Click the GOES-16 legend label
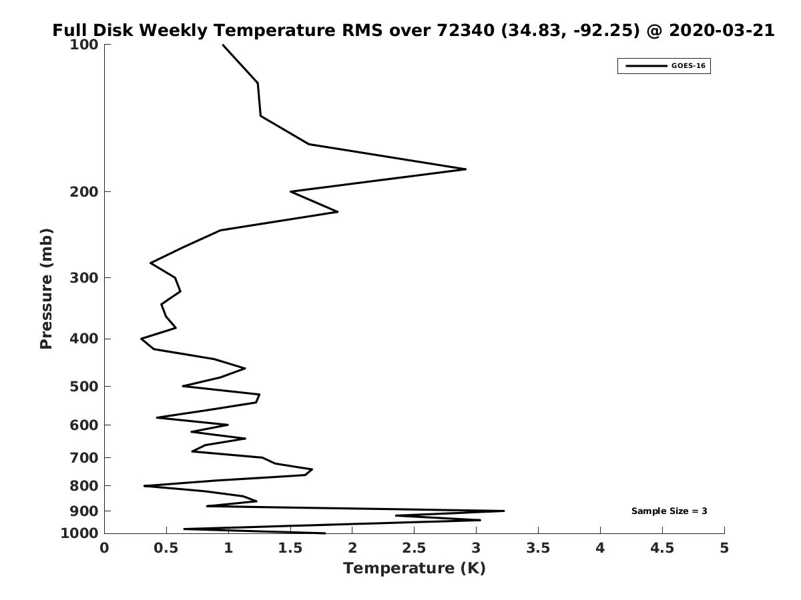click(x=688, y=66)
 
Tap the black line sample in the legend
click(x=646, y=66)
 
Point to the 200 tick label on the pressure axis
click(x=84, y=191)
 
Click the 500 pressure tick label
click(x=84, y=386)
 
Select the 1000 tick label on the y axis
click(x=79, y=533)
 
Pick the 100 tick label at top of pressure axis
click(x=84, y=45)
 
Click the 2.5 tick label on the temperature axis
click(x=415, y=548)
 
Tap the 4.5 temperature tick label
click(x=662, y=548)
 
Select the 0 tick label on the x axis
click(x=104, y=548)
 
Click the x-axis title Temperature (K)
click(x=415, y=569)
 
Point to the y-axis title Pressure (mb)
click(x=46, y=289)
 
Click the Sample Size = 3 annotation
click(x=670, y=511)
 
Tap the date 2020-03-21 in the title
click(x=722, y=30)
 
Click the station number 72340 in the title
click(x=465, y=30)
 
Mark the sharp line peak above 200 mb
click(x=466, y=169)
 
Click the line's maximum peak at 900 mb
click(x=504, y=511)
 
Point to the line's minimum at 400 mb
click(x=142, y=339)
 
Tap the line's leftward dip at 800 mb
click(x=144, y=485)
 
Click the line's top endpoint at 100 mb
click(x=223, y=45)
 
